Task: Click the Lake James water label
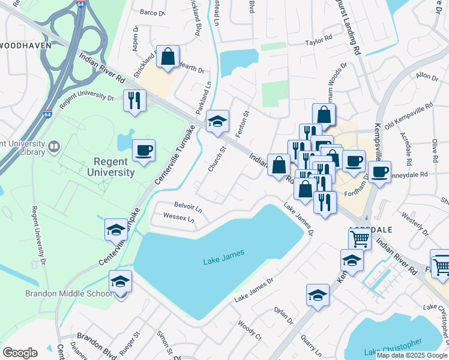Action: pyautogui.click(x=224, y=254)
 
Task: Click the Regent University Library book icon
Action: pyautogui.click(x=55, y=146)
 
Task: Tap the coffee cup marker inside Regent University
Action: pyautogui.click(x=143, y=150)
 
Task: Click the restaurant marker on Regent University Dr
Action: pyautogui.click(x=134, y=100)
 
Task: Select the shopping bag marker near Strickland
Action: pyautogui.click(x=168, y=57)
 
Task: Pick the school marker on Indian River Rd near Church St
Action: pyautogui.click(x=217, y=121)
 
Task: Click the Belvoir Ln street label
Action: pyautogui.click(x=188, y=208)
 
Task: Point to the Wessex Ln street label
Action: pyautogui.click(x=179, y=218)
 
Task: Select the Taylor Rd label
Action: pyautogui.click(x=318, y=41)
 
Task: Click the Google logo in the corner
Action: pyautogui.click(x=20, y=353)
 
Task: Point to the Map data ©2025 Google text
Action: pyautogui.click(x=412, y=355)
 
